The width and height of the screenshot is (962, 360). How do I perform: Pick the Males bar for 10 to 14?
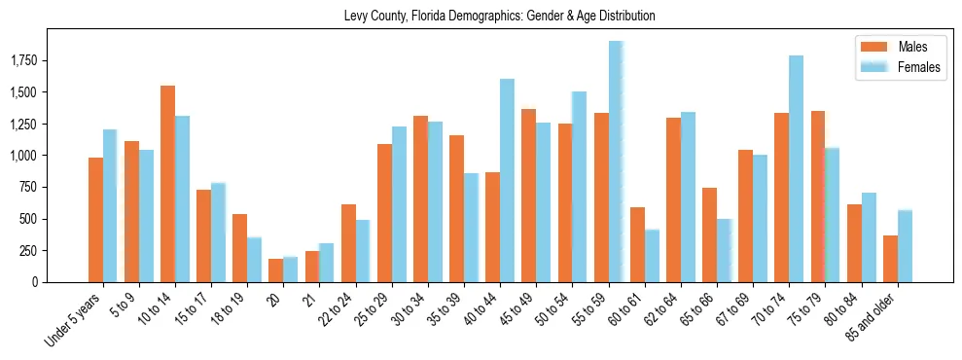pos(167,184)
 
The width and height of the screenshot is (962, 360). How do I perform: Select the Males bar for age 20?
pos(275,270)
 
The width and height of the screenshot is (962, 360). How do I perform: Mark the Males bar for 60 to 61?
pos(637,244)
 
